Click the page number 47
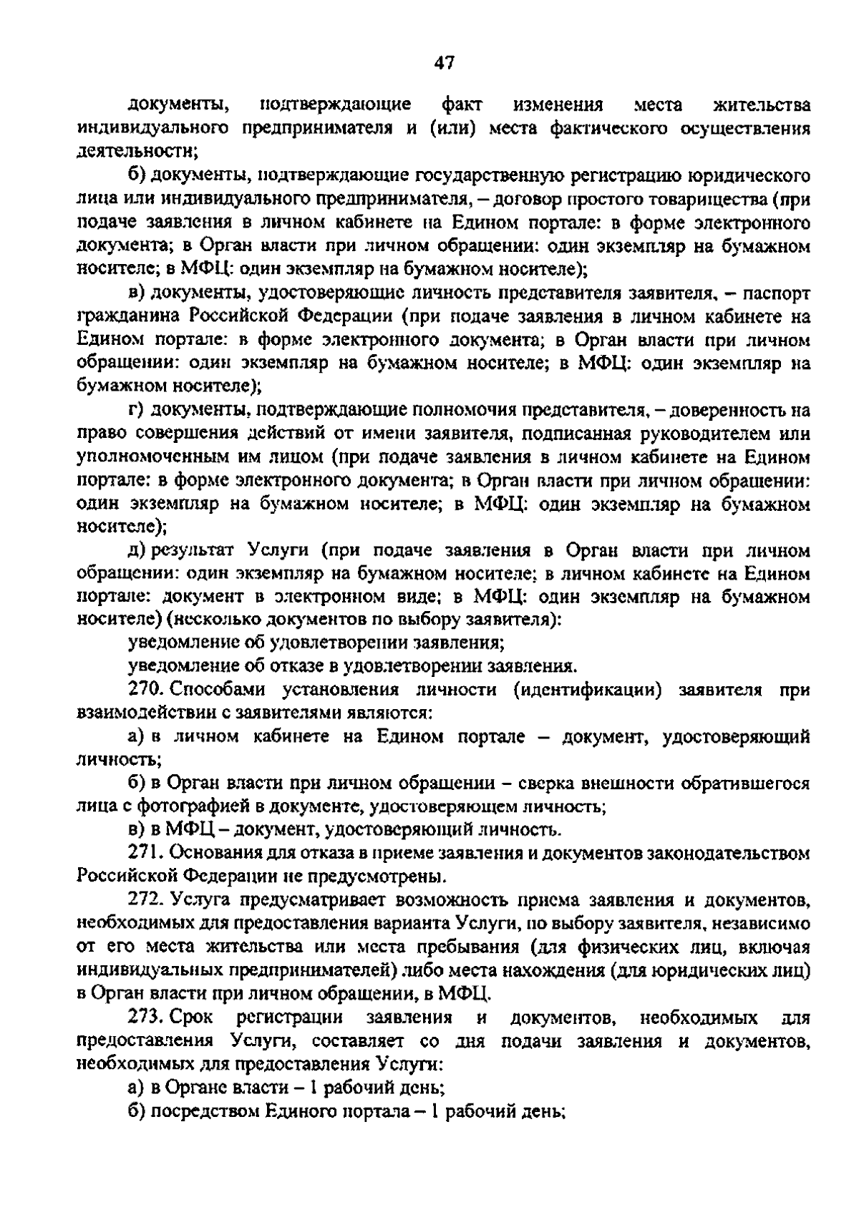pos(443,63)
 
